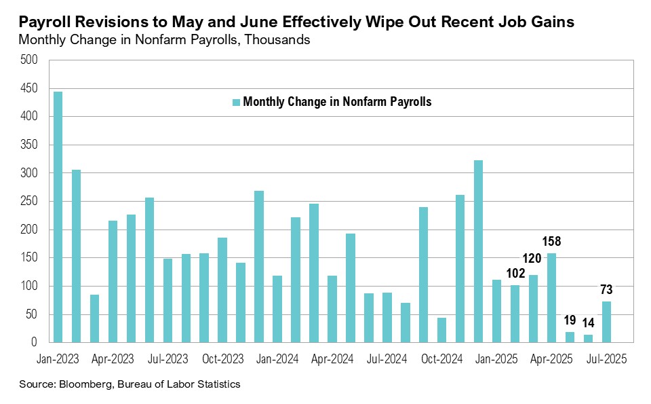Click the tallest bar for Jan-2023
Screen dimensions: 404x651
58,217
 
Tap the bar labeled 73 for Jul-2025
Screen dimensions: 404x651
607,322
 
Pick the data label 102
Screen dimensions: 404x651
516,274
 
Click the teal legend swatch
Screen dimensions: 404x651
236,103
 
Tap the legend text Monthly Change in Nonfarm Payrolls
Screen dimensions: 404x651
337,103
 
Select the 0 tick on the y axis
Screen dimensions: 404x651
35,343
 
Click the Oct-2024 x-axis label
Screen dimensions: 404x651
442,359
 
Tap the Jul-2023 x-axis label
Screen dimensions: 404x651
167,359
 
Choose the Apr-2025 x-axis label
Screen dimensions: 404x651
552,359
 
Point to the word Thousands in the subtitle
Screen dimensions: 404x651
279,40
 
